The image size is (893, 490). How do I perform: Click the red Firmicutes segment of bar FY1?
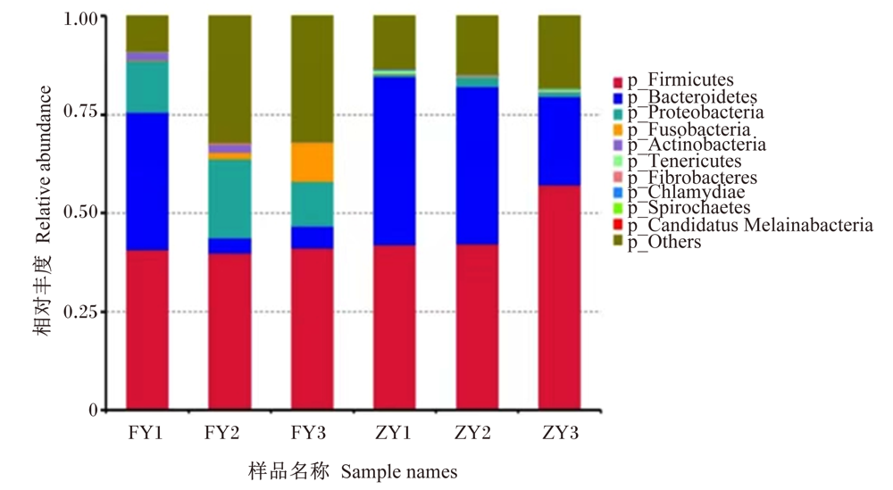[147, 330]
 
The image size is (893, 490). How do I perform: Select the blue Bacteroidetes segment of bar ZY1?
[395, 161]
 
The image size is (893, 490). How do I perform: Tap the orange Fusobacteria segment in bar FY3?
[312, 162]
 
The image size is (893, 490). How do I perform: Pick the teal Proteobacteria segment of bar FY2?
[230, 199]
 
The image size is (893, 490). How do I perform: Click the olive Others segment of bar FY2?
[230, 79]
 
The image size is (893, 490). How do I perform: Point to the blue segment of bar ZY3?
[559, 141]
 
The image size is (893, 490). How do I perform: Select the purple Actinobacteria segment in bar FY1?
[147, 56]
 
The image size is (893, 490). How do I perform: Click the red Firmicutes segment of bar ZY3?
[559, 297]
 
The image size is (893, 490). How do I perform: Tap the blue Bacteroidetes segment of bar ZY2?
[477, 166]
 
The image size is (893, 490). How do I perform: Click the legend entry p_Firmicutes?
[673, 80]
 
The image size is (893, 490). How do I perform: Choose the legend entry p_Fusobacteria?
[682, 129]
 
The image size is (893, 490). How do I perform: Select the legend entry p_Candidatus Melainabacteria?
[743, 226]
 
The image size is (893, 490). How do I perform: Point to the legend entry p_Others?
[658, 242]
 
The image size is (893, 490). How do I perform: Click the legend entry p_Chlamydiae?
[680, 193]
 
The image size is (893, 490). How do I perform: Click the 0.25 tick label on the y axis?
[81, 311]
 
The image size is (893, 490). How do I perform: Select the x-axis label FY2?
[222, 433]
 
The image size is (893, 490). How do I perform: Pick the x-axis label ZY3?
[561, 433]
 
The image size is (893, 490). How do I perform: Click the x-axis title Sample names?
[399, 472]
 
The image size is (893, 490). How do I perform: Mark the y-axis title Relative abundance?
[43, 164]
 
